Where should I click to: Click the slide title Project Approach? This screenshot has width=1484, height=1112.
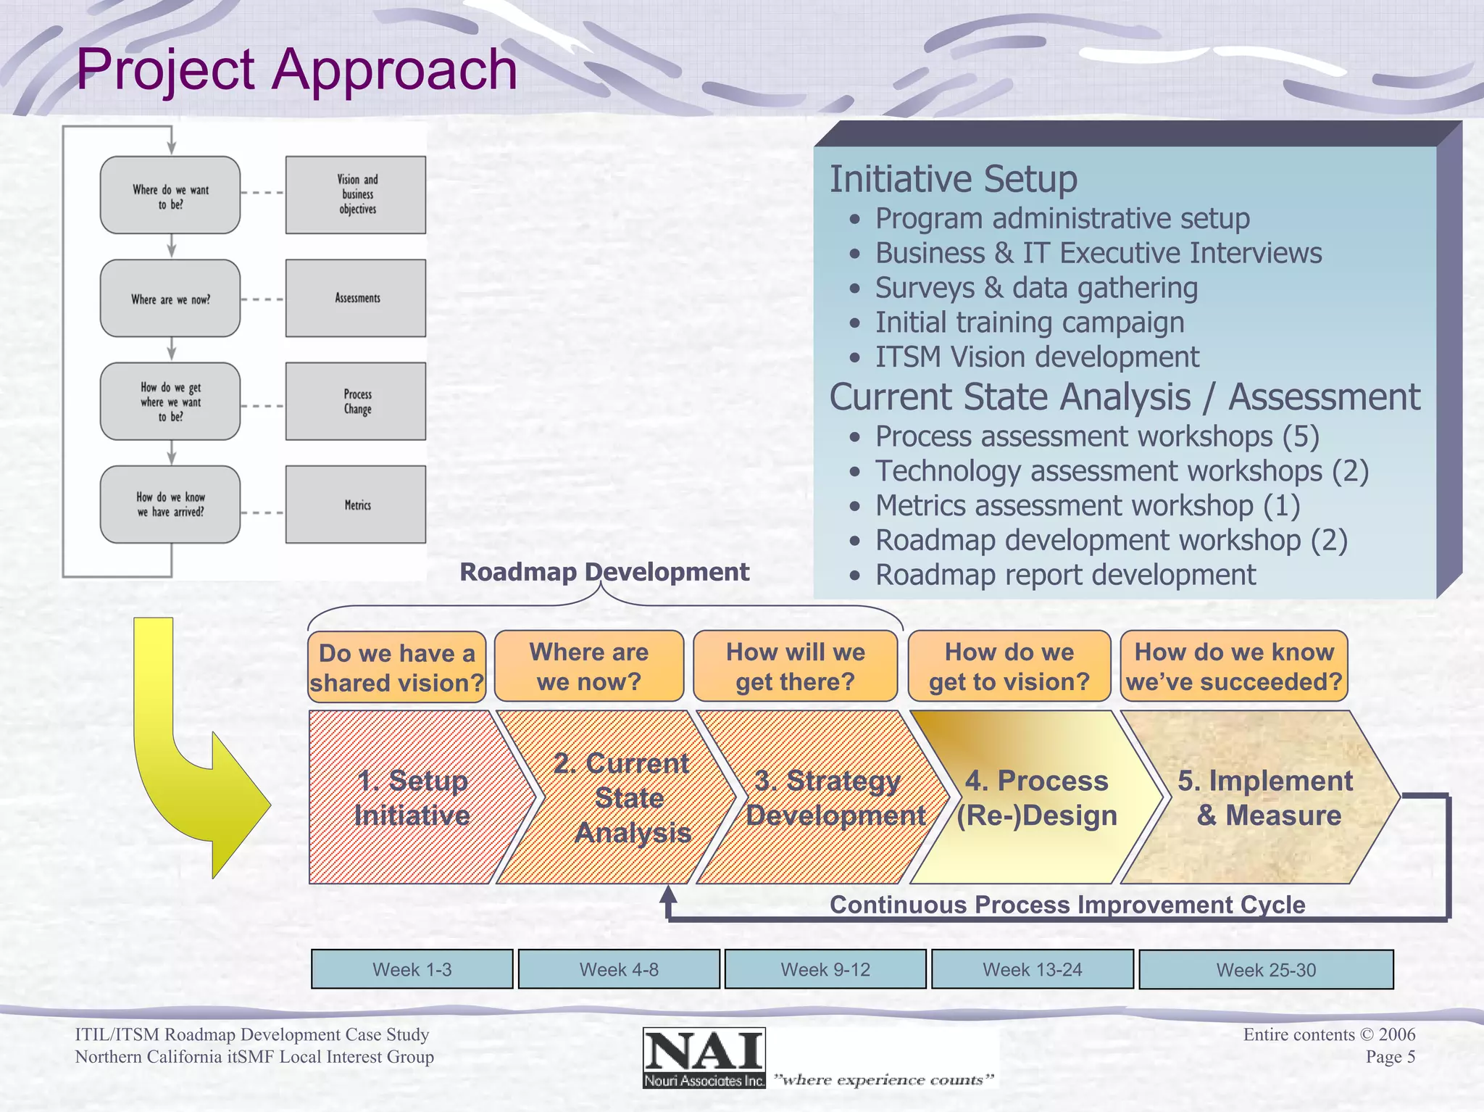click(x=296, y=70)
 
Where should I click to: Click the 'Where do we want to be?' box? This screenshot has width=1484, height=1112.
click(x=170, y=196)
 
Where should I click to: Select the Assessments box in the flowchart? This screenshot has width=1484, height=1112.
click(x=356, y=298)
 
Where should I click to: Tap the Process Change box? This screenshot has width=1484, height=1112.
click(x=356, y=402)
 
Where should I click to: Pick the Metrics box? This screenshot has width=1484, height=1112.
click(x=356, y=505)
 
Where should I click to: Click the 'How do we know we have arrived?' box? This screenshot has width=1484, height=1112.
click(x=170, y=505)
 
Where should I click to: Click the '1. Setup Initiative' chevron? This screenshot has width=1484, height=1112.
click(x=412, y=797)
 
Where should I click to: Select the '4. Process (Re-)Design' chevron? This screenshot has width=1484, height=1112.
click(x=1036, y=797)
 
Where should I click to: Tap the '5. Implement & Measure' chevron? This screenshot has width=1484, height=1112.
click(x=1264, y=797)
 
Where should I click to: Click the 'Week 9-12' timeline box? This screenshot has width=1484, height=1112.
click(x=825, y=969)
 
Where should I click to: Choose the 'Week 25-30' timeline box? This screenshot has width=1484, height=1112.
click(x=1266, y=969)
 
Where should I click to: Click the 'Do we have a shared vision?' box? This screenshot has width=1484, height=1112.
click(x=396, y=667)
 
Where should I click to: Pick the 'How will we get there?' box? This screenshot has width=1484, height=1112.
click(x=795, y=666)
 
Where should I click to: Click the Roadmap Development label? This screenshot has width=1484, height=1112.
click(x=604, y=572)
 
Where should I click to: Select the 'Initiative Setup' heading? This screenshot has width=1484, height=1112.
click(x=953, y=179)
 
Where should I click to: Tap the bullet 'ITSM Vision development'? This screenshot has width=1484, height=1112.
click(x=1036, y=357)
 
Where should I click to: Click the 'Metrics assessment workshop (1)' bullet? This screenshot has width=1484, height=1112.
click(x=1087, y=505)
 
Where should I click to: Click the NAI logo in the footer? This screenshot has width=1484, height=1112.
click(x=704, y=1058)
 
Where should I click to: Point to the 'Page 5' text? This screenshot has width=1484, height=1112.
click(x=1390, y=1057)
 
